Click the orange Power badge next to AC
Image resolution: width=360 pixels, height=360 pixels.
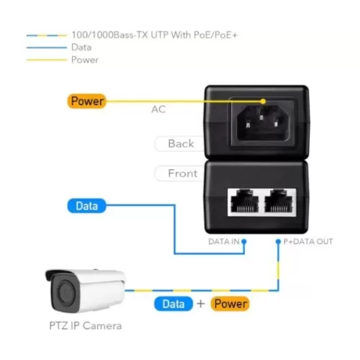[87, 101]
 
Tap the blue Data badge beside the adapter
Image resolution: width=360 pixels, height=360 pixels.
[86, 206]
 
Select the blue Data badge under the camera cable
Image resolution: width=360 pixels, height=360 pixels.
[174, 304]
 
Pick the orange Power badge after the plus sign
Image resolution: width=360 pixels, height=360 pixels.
[230, 304]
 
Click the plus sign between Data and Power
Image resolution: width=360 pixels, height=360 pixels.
[201, 304]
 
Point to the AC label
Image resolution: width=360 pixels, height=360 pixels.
[158, 109]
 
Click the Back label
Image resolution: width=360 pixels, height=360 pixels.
[181, 143]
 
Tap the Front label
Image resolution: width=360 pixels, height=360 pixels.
[183, 174]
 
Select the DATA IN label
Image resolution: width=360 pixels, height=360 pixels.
[224, 241]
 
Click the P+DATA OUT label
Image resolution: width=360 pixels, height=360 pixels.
[308, 241]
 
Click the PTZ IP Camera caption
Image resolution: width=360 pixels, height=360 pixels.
[86, 326]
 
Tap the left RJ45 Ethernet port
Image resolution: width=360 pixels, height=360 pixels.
[245, 201]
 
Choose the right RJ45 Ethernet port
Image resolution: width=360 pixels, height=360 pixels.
[279, 201]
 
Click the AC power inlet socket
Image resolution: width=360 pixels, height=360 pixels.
[263, 123]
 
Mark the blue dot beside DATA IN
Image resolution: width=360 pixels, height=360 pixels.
[244, 241]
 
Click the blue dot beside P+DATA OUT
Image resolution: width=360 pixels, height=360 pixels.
[278, 241]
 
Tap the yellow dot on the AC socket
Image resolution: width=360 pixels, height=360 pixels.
[264, 102]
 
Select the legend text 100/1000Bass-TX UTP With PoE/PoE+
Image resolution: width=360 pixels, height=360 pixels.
[155, 35]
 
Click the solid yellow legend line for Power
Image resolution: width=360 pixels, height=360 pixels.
[47, 60]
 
